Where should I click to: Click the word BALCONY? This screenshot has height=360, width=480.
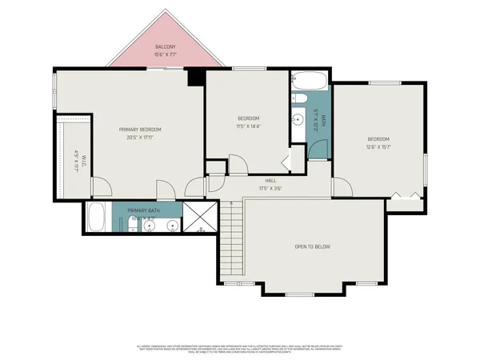(166, 47)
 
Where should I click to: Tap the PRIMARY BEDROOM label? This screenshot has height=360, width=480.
(140, 129)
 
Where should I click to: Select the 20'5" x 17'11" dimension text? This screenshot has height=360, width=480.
(140, 137)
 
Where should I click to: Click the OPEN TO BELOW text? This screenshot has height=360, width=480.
(312, 246)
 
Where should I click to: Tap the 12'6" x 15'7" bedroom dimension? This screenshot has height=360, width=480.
(378, 146)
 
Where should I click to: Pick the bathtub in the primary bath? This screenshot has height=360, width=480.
(97, 217)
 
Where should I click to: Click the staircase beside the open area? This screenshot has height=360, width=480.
(230, 240)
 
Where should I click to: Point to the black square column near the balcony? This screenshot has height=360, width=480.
(194, 76)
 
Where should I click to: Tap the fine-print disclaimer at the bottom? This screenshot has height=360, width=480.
(240, 346)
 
